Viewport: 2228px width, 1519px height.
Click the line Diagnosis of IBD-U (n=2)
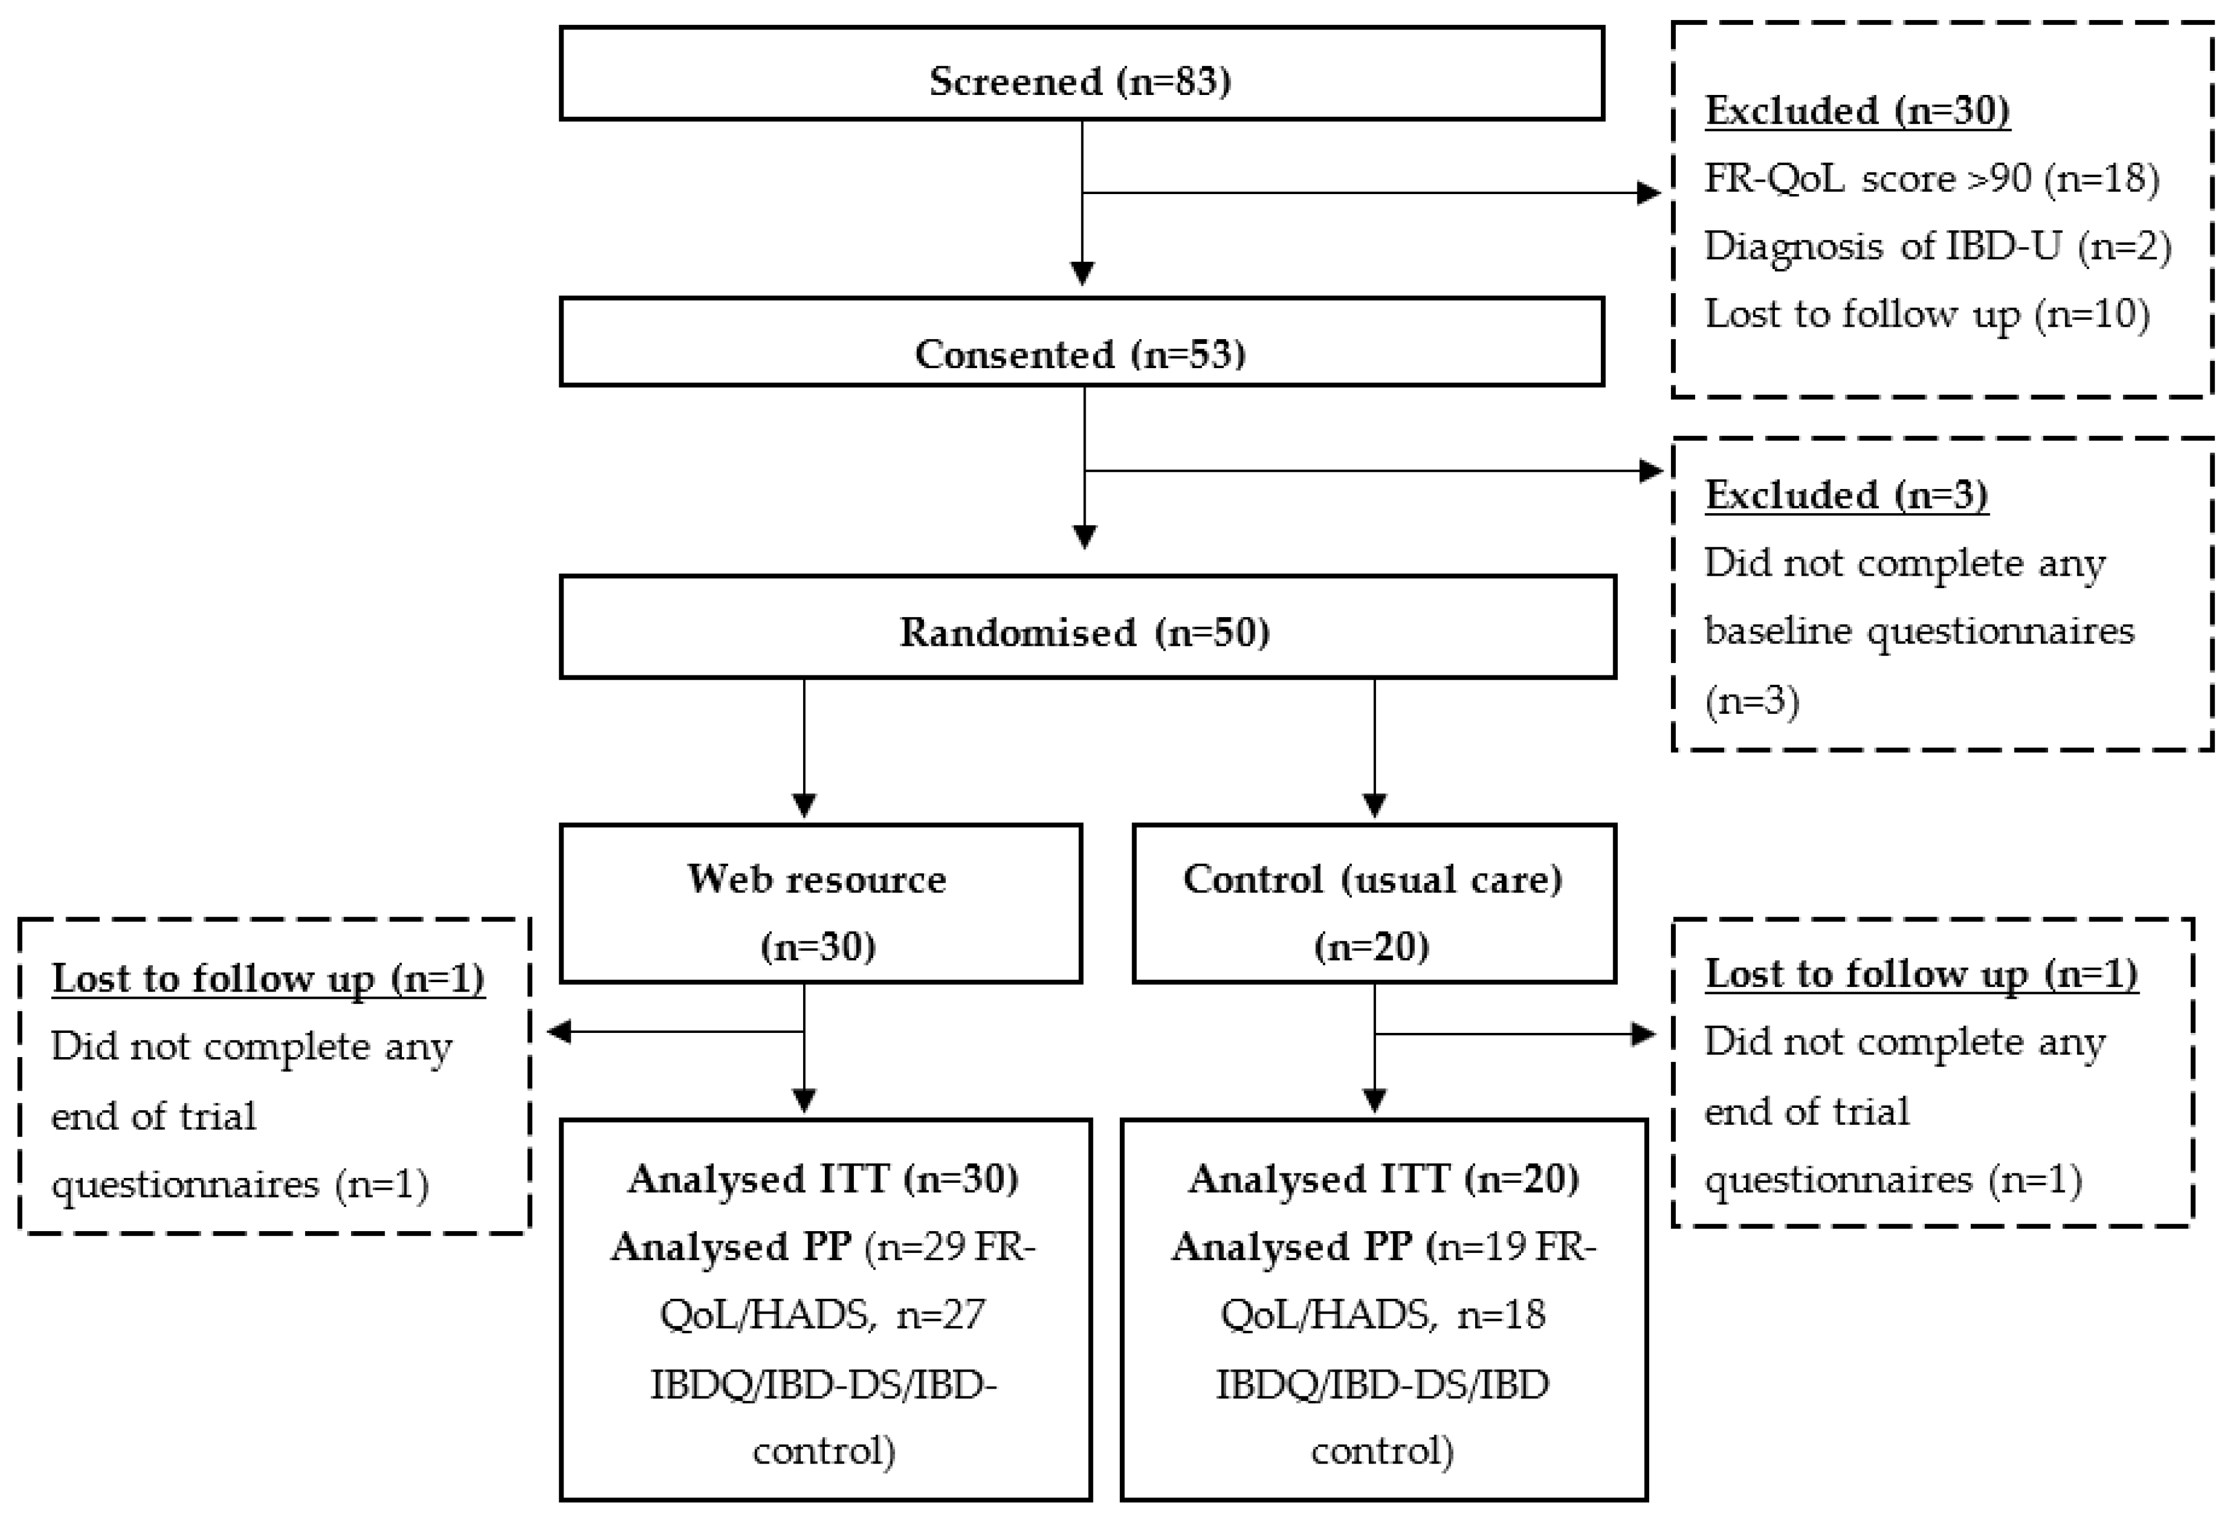(x=1937, y=247)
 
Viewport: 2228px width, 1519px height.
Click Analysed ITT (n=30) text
(x=823, y=1179)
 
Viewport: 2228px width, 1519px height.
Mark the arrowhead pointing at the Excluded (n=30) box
(x=1649, y=193)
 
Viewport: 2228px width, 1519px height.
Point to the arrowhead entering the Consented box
(x=1082, y=275)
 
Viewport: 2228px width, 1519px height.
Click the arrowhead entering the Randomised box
(x=1084, y=537)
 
